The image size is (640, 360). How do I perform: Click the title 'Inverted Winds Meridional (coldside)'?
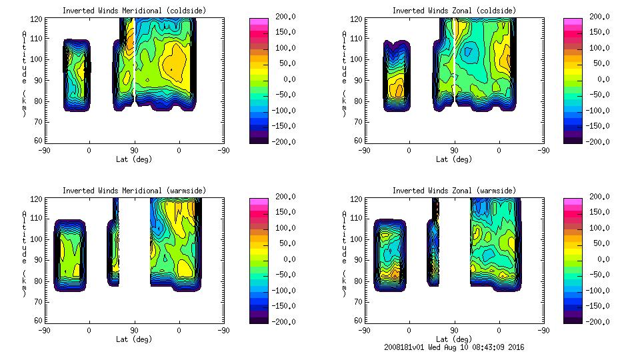click(x=134, y=11)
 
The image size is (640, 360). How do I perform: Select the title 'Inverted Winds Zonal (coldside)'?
click(x=453, y=11)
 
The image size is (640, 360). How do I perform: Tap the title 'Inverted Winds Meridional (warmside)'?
click(x=134, y=191)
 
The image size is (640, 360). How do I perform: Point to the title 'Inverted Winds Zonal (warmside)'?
click(x=453, y=191)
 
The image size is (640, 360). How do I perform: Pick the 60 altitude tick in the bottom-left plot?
click(x=39, y=321)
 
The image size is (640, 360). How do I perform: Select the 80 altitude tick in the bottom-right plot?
click(x=359, y=280)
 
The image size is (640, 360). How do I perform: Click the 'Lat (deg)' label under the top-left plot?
click(x=135, y=159)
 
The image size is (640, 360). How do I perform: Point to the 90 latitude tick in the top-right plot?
click(x=454, y=150)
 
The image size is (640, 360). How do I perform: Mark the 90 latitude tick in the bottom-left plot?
click(x=134, y=330)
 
